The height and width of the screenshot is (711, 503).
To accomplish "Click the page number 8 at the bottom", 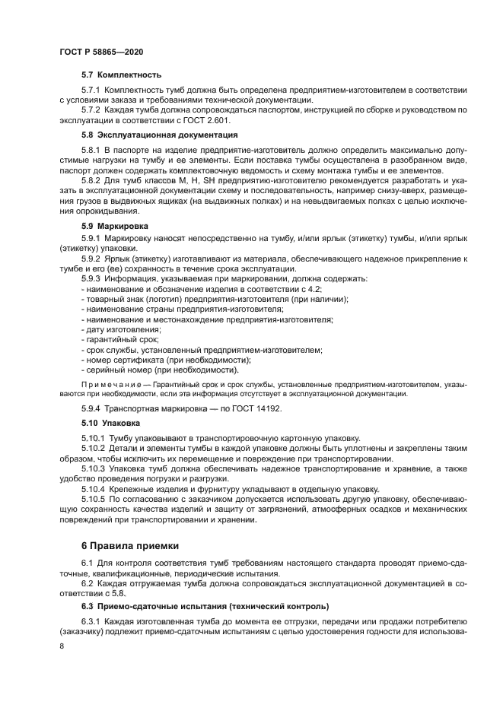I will (62, 645).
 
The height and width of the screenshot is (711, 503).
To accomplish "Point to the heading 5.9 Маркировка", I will (115, 226).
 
